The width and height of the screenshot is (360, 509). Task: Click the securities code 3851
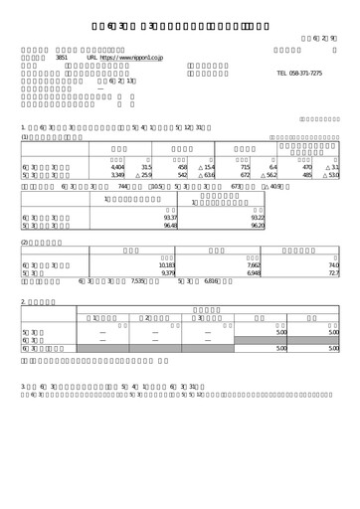coord(60,59)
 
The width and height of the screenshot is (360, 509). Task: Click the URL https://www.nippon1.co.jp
coord(129,59)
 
